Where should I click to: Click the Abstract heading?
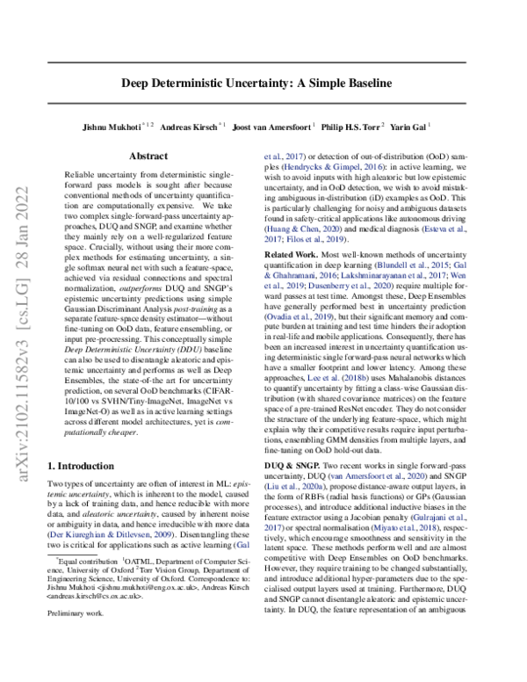tap(148, 156)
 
